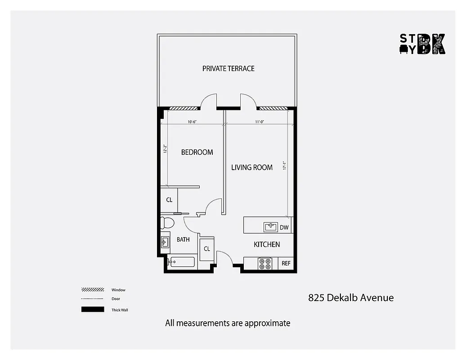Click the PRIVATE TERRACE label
[228, 68]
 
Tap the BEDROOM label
[197, 152]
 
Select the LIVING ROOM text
[252, 167]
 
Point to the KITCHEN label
[267, 244]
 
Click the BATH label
[183, 239]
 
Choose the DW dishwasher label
[284, 227]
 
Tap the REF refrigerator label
[286, 264]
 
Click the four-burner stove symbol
[265, 264]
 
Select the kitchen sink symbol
[271, 227]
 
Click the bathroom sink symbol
[165, 242]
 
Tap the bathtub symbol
[181, 262]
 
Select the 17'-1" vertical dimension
[284, 166]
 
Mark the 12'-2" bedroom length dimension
[165, 148]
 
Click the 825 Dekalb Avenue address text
[351, 297]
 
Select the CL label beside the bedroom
[169, 200]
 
